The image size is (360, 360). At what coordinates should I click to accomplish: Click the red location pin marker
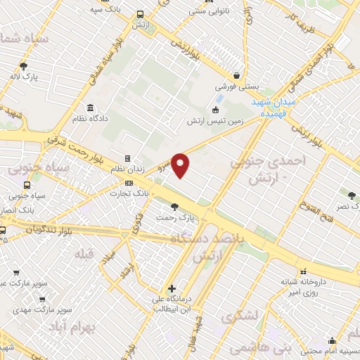181,165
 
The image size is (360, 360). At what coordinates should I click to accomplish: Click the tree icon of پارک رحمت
174,207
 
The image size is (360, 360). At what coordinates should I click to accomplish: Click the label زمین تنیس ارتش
214,122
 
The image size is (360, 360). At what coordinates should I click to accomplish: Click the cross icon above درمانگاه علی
172,288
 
